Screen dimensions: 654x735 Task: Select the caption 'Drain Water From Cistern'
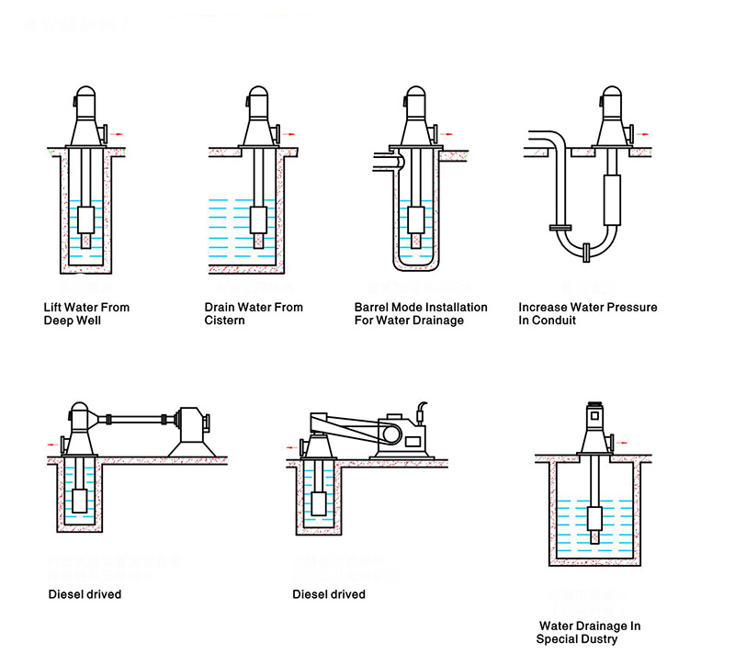pyautogui.click(x=253, y=314)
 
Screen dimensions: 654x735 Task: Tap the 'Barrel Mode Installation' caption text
pyautogui.click(x=421, y=307)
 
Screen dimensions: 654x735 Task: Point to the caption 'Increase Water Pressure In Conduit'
pyautogui.click(x=587, y=314)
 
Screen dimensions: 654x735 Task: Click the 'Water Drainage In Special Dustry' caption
pyautogui.click(x=589, y=632)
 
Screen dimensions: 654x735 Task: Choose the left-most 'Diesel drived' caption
pyautogui.click(x=85, y=594)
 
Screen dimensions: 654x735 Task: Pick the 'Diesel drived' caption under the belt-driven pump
pyautogui.click(x=329, y=594)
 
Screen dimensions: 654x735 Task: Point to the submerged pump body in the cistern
pyautogui.click(x=259, y=220)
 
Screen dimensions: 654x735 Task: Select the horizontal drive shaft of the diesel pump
pyautogui.click(x=138, y=421)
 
